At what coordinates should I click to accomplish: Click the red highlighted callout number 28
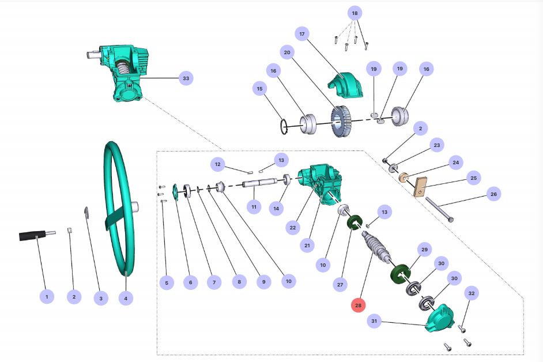point(359,305)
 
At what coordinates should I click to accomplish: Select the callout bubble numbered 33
point(185,78)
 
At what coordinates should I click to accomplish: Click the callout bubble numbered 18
point(355,13)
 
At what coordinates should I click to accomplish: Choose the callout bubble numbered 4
point(126,298)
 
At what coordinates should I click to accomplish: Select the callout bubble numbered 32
point(472,293)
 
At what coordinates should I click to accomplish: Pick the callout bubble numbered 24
point(456,163)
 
